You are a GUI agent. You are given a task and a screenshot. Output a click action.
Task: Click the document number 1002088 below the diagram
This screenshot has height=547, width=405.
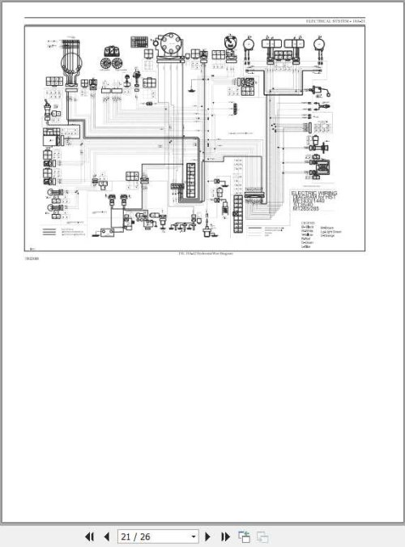pyautogui.click(x=31, y=259)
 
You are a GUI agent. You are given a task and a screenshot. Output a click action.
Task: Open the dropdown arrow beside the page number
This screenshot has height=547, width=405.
pyautogui.click(x=193, y=536)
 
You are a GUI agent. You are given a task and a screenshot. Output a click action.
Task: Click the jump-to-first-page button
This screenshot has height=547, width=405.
pyautogui.click(x=89, y=536)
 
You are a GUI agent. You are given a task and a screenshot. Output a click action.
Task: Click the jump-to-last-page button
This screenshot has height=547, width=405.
pyautogui.click(x=225, y=536)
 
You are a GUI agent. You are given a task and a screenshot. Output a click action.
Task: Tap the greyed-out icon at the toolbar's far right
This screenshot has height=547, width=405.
pyautogui.click(x=262, y=536)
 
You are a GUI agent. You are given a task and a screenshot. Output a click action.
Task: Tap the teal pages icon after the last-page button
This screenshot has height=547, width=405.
pyautogui.click(x=244, y=536)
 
